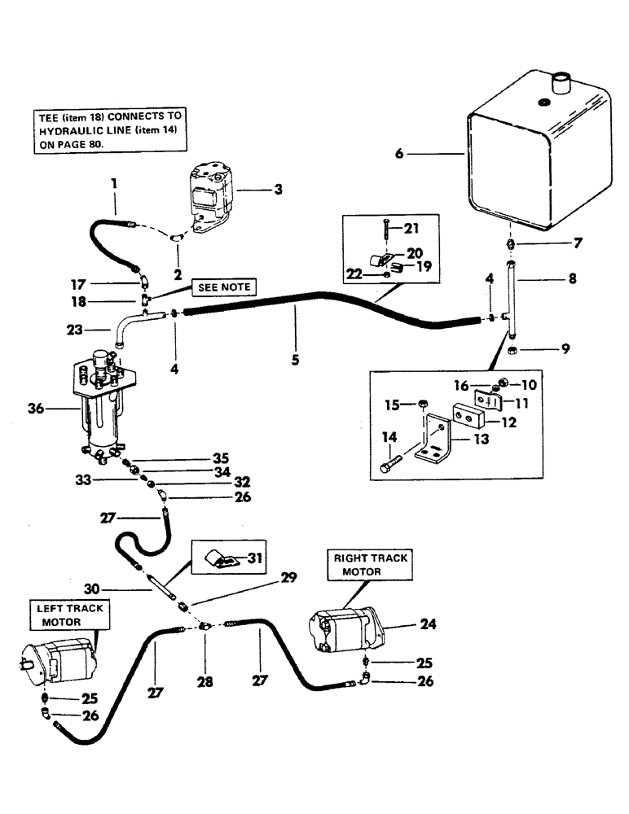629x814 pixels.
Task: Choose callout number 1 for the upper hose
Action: click(114, 185)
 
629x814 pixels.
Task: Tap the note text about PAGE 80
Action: click(110, 129)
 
